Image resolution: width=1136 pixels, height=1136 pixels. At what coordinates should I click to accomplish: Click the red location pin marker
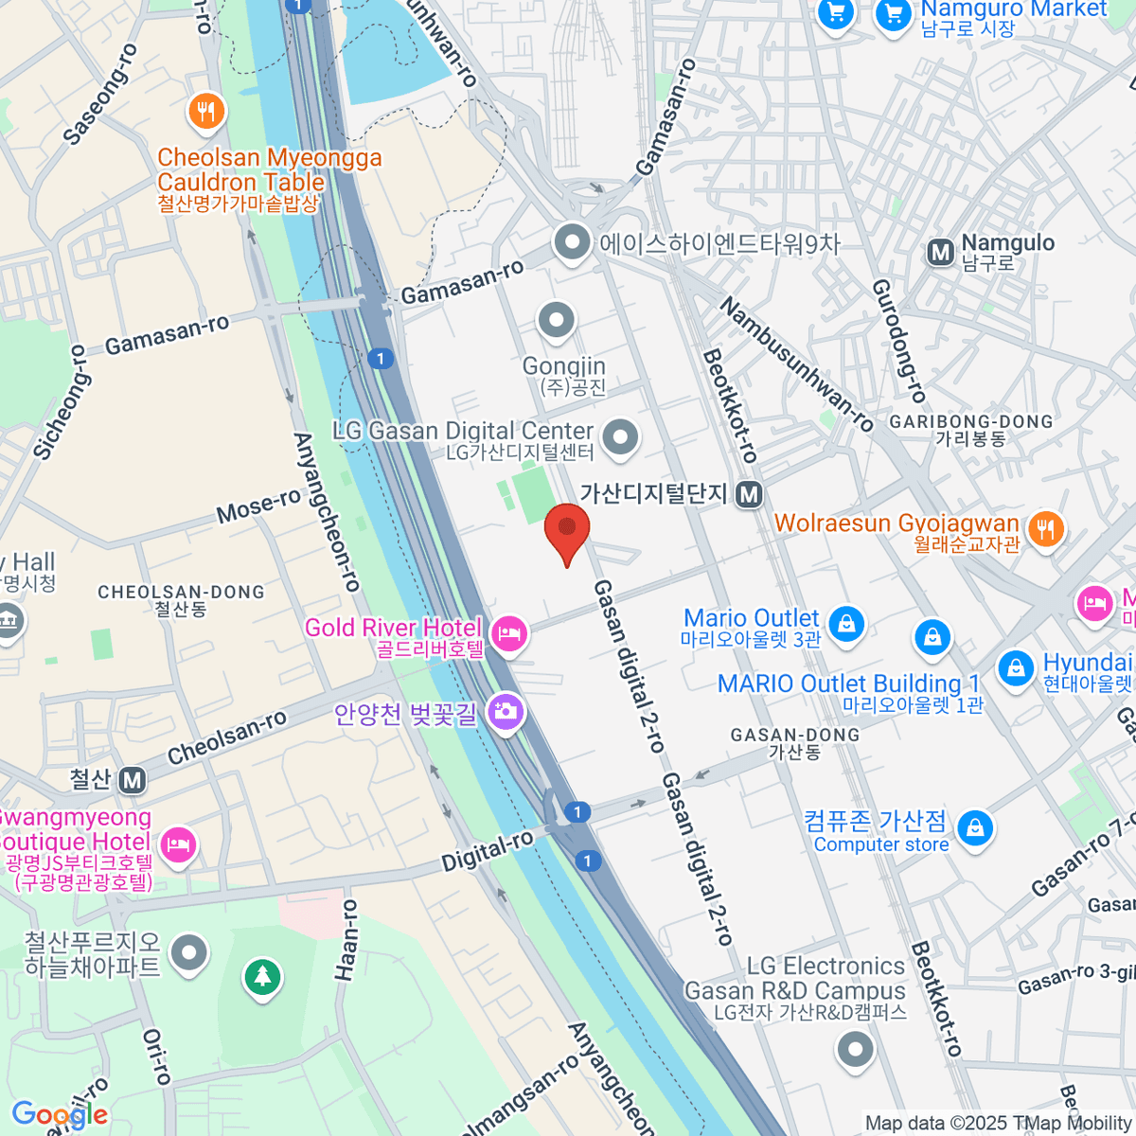coord(567,531)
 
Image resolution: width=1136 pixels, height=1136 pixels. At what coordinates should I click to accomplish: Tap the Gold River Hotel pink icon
coord(509,633)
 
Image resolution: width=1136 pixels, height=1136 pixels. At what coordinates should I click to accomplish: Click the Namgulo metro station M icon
coord(940,252)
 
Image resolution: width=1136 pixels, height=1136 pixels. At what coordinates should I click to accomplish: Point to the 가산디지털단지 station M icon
coord(750,494)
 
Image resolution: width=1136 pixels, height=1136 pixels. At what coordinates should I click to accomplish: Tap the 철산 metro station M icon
coord(133,780)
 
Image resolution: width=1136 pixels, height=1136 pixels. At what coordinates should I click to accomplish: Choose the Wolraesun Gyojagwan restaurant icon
coord(1045,528)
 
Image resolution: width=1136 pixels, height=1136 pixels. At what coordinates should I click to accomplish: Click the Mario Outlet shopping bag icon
coord(846,624)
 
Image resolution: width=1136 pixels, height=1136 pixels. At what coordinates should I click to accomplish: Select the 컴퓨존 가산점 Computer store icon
coord(975,829)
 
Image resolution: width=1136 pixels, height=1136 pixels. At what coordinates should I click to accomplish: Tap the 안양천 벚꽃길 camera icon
coord(506,711)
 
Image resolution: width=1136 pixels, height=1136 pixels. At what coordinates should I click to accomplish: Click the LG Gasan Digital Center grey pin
coord(621,438)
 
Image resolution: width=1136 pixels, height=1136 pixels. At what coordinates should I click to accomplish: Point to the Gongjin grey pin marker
coord(557,321)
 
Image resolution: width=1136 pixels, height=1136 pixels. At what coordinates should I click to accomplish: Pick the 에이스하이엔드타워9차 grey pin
coord(572,242)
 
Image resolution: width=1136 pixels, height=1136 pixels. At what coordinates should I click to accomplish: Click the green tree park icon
coord(262,976)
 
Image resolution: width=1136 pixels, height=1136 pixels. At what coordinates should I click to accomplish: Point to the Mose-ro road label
coord(258,506)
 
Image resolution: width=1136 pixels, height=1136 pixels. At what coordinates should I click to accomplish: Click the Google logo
coord(59,1114)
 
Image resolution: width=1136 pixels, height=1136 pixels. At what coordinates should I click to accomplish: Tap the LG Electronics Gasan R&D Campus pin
coord(856,1049)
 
